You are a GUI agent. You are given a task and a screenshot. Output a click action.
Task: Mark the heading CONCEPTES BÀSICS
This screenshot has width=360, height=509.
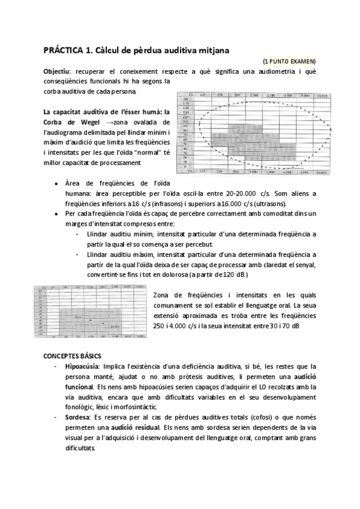point(72,356)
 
